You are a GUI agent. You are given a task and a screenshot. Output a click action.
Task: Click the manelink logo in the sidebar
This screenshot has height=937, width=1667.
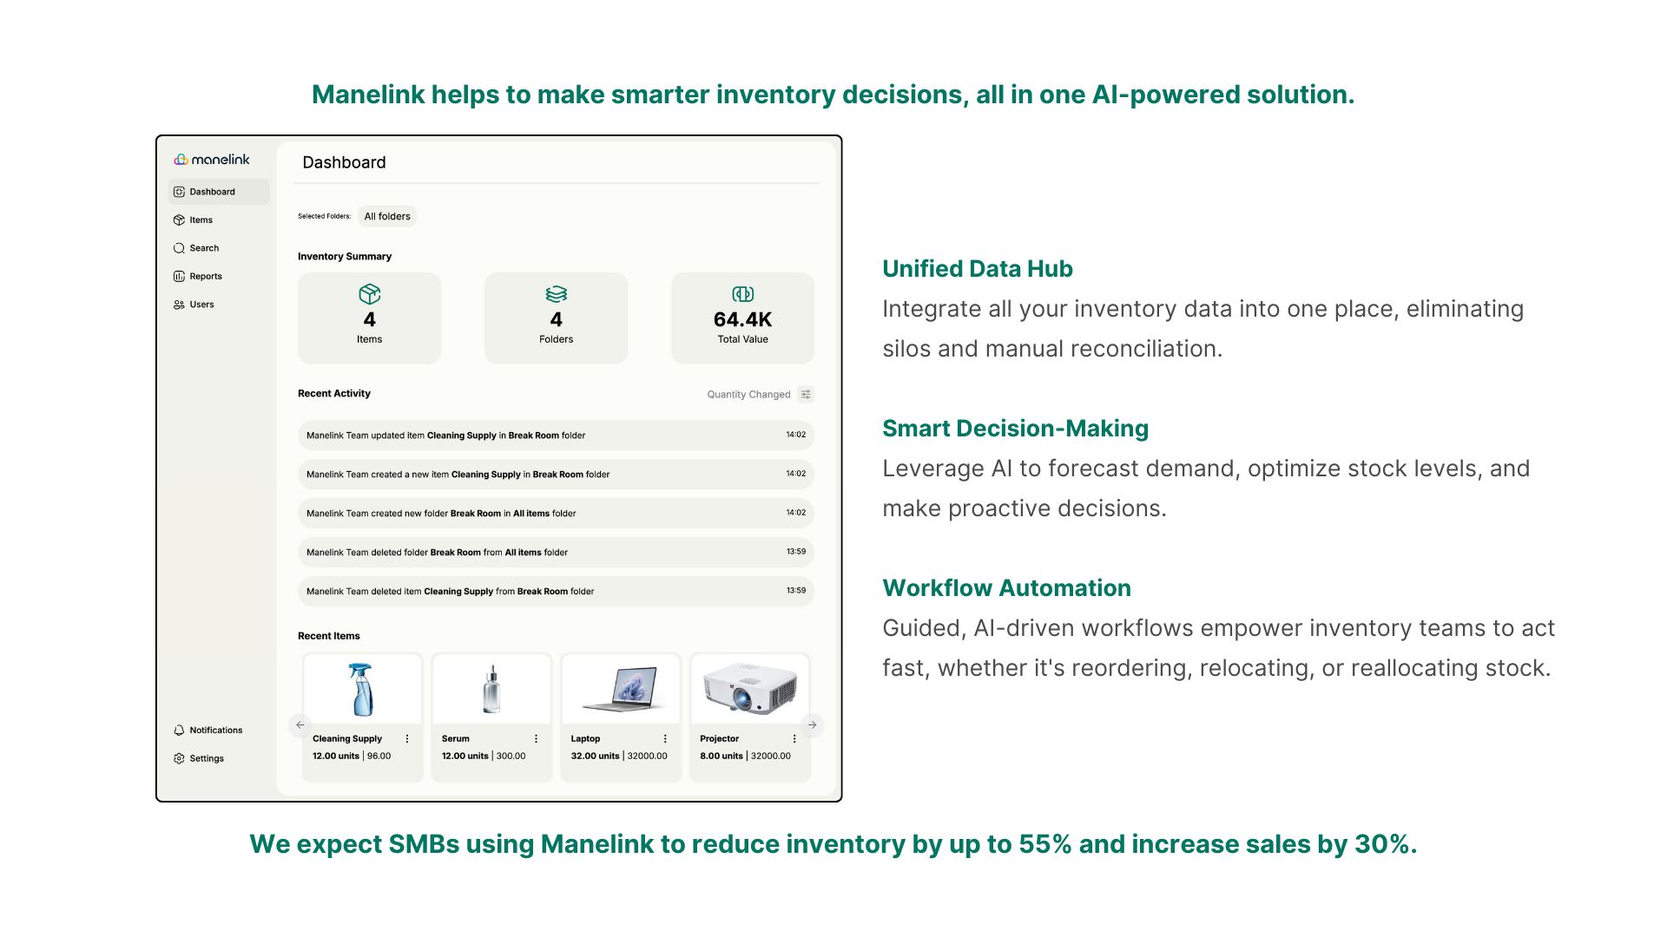(212, 160)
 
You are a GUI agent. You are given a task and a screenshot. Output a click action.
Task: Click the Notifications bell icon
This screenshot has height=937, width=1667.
(179, 731)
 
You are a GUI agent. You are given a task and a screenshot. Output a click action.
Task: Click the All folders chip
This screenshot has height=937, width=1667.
(387, 217)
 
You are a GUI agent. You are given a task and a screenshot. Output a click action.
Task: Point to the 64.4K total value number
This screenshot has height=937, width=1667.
(742, 320)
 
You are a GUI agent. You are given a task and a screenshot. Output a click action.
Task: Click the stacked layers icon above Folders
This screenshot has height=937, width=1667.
(557, 294)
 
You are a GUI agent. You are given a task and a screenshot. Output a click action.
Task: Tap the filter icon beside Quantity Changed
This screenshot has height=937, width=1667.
(806, 395)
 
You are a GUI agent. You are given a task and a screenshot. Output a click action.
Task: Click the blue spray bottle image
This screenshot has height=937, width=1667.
(361, 690)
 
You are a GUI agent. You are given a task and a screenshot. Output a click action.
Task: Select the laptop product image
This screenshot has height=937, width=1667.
(620, 690)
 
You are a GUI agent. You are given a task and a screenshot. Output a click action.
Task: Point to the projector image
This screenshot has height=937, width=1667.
(749, 688)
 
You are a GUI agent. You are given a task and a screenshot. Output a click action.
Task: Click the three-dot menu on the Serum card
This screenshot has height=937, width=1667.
(537, 739)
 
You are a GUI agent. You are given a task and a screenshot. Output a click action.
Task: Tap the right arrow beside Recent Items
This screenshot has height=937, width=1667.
(813, 725)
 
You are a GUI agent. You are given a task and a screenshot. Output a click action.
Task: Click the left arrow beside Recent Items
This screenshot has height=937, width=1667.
(300, 725)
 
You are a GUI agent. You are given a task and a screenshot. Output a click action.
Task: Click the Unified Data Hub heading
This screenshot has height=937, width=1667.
(978, 269)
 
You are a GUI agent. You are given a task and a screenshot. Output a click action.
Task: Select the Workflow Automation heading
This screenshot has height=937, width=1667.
(1006, 588)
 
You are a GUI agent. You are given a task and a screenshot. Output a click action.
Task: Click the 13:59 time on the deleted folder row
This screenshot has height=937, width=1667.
(796, 552)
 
